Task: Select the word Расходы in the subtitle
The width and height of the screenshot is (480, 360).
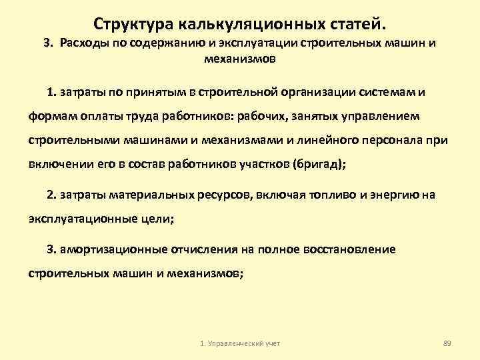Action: (x=81, y=43)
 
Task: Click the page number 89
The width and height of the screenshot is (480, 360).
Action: (x=447, y=343)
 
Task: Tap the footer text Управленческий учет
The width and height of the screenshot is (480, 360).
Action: (x=243, y=343)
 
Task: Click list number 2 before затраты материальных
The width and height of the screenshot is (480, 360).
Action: (x=51, y=195)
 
